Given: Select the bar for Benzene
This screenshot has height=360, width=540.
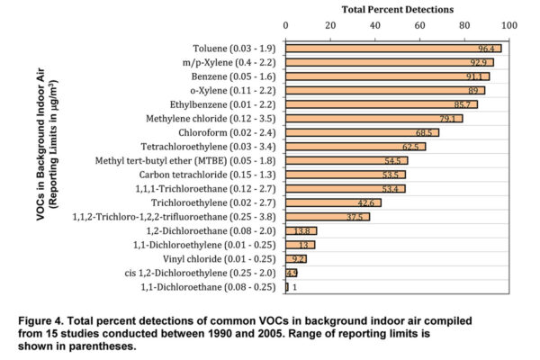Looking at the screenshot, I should pos(387,76).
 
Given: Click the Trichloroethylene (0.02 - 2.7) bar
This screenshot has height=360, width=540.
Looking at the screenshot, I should pos(333,202).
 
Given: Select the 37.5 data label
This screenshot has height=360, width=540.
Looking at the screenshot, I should pos(356,217).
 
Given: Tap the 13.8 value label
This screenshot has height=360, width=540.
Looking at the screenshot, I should pos(303,231).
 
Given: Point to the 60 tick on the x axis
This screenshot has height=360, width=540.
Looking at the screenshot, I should pos(420,25).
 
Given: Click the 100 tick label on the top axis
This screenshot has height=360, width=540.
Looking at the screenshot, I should pos(509,25).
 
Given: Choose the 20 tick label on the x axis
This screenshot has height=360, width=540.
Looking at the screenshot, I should pos(330,25).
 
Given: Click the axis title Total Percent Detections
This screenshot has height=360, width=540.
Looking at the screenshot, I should pos(397,9).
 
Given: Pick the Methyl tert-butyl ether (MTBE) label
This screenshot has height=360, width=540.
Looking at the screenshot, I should pos(188,160).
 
